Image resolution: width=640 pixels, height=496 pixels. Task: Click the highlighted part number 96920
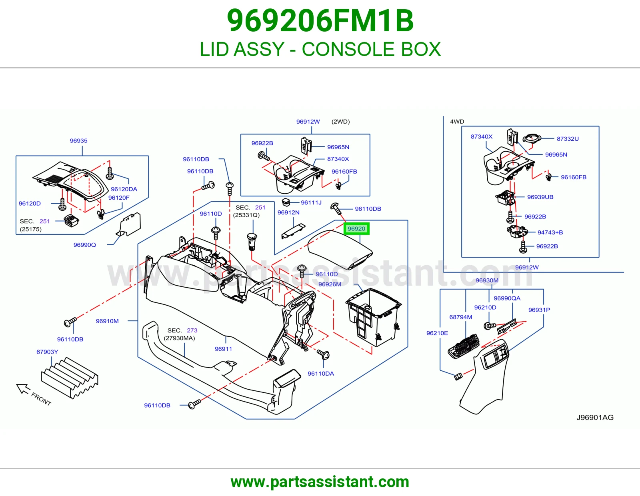click(356, 229)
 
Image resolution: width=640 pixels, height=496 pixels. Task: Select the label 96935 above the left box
click(79, 141)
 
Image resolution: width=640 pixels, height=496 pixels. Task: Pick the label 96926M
click(330, 284)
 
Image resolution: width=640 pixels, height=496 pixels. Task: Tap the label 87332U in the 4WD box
click(568, 139)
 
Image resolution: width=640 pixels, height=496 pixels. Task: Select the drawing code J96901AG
click(595, 417)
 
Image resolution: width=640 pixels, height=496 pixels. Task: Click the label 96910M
click(107, 321)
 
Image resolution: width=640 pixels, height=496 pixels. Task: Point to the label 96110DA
click(321, 374)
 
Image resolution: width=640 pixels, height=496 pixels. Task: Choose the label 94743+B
click(550, 232)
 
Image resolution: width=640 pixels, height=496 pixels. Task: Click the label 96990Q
click(84, 245)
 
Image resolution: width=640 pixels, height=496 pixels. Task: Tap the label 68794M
click(461, 317)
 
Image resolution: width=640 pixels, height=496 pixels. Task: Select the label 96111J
click(311, 202)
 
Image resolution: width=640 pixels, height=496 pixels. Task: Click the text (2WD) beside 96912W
click(340, 122)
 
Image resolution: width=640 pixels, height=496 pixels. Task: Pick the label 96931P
click(539, 310)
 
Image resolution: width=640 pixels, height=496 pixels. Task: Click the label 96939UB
click(540, 197)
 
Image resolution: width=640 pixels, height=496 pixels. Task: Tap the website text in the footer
click(320, 482)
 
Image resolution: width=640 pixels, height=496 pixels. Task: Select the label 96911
click(223, 349)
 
